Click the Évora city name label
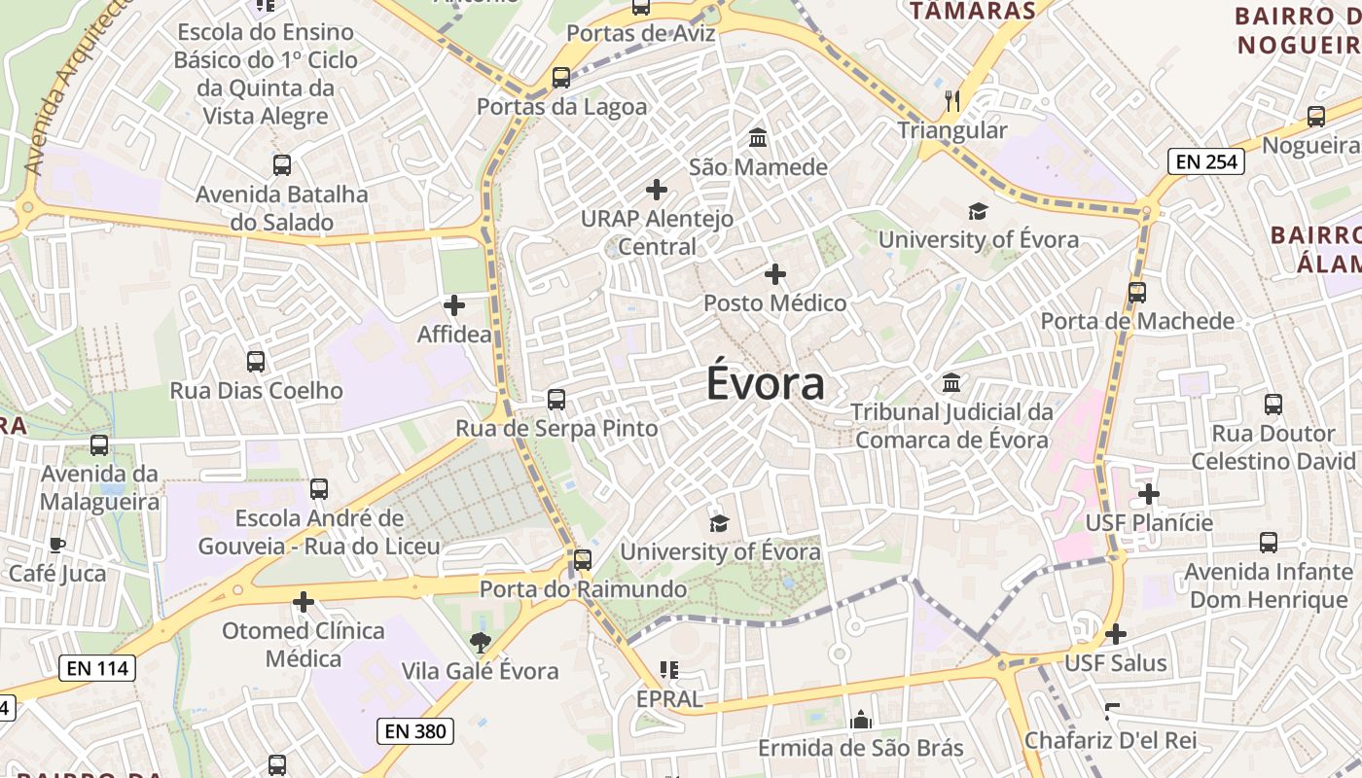pos(766,383)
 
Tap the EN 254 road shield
pos(1206,161)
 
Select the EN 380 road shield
pos(415,730)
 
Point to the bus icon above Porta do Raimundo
pos(582,559)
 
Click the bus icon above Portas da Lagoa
pos(560,78)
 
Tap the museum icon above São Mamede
pos(758,138)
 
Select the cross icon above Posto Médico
pos(774,274)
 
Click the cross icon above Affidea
pos(453,305)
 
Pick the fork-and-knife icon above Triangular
pos(952,100)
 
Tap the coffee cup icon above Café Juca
pos(56,545)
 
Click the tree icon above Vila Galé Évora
pos(480,642)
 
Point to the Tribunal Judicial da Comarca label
pos(951,426)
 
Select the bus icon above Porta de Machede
pos(1136,292)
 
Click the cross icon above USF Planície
pos(1149,494)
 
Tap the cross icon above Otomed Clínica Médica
pos(304,602)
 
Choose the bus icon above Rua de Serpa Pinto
pos(556,400)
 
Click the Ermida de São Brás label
pos(860,748)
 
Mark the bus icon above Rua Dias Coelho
pos(256,362)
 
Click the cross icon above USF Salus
pos(1115,634)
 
